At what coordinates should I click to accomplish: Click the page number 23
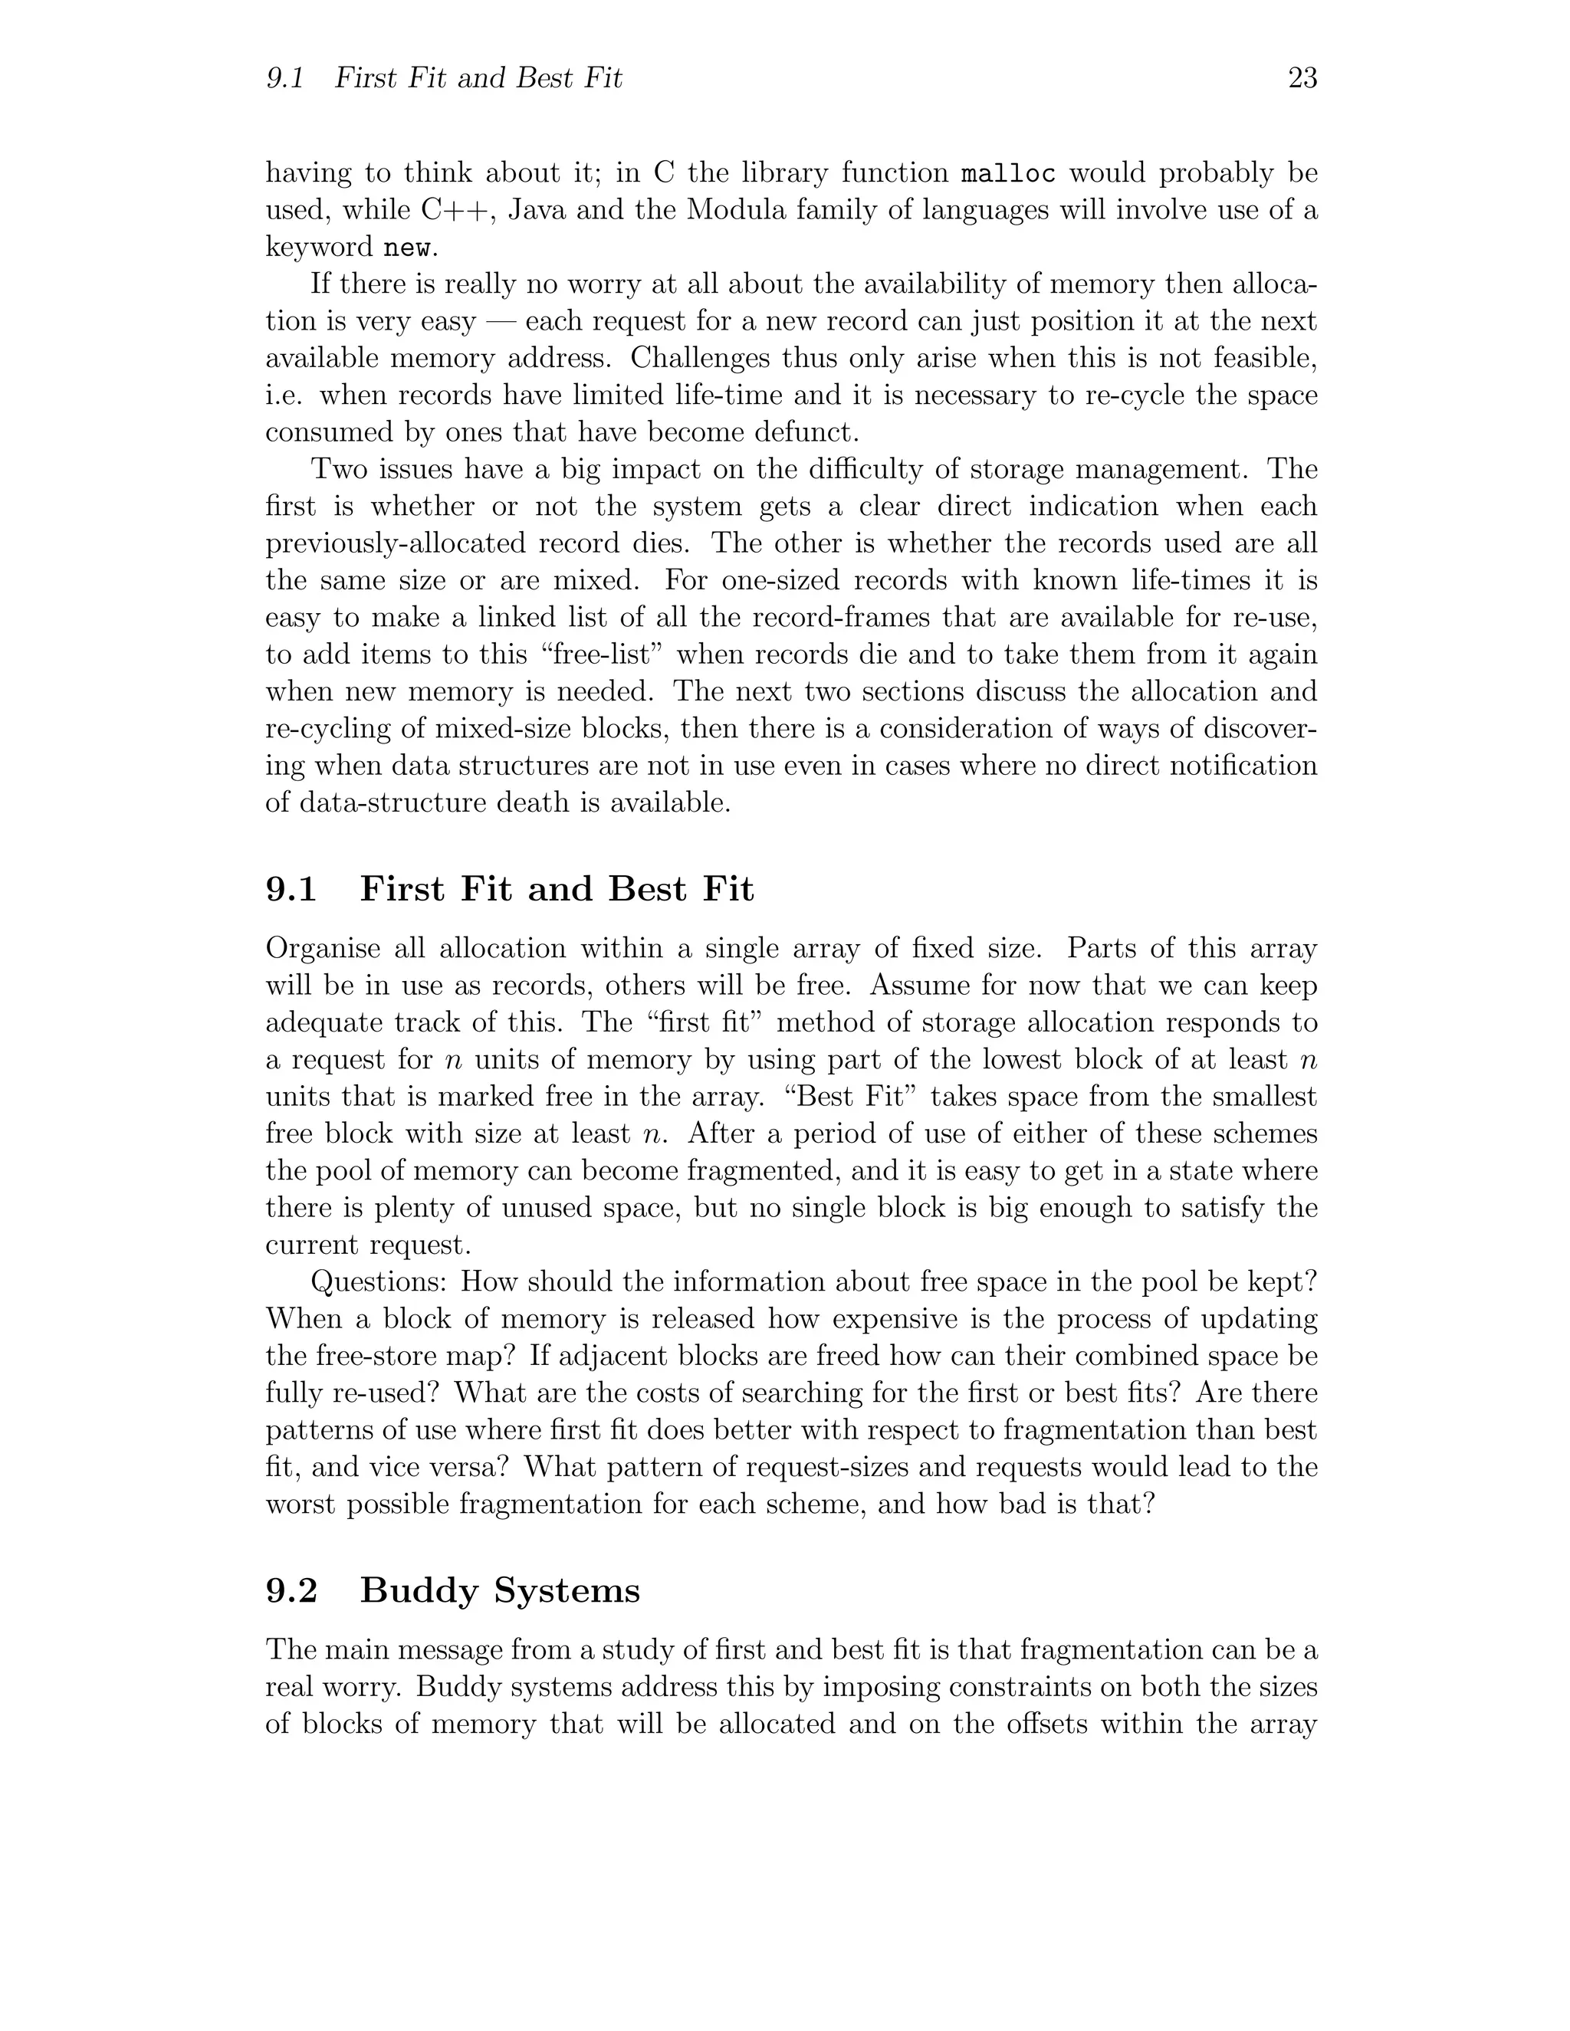pos(1302,78)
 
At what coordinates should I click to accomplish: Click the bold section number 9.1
pos(291,889)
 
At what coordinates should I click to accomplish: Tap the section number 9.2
pos(291,1590)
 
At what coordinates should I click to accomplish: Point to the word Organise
pos(323,949)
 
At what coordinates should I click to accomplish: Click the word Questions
pos(379,1281)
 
